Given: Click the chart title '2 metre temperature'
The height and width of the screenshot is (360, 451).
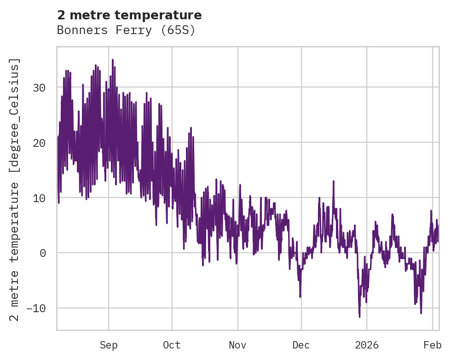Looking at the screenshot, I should click(x=129, y=15).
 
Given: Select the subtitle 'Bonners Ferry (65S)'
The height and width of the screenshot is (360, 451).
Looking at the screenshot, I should click(x=126, y=30).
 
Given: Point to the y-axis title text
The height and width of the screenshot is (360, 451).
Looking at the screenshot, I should click(x=16, y=190).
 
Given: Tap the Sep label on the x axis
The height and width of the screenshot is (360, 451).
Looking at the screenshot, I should click(x=109, y=345).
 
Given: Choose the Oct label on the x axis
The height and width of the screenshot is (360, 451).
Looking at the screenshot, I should click(x=172, y=345).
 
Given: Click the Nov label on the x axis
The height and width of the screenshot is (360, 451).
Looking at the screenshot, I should click(x=238, y=345).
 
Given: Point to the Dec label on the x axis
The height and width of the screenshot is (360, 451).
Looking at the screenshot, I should click(x=301, y=345).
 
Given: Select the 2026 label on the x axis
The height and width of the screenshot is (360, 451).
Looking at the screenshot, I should click(x=367, y=345).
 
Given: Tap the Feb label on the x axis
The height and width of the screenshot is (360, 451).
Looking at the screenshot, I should click(x=433, y=345).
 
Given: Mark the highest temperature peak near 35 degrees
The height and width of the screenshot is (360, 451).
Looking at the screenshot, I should click(x=112, y=60).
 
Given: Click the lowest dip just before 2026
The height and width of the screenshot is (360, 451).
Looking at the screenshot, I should click(x=359, y=317).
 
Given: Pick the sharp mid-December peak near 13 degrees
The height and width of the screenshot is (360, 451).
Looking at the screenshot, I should click(x=333, y=181).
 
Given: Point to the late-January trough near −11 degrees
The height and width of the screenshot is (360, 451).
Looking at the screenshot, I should click(x=421, y=313).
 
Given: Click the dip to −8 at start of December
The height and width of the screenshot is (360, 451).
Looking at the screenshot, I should click(x=300, y=296).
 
